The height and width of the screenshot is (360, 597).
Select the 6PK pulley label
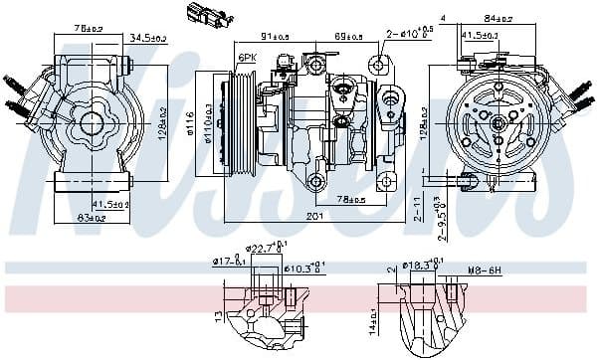point(247,59)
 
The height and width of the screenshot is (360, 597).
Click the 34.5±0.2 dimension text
point(148,38)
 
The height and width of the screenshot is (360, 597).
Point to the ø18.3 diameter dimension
point(421,267)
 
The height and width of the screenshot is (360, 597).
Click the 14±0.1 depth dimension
point(374,319)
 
